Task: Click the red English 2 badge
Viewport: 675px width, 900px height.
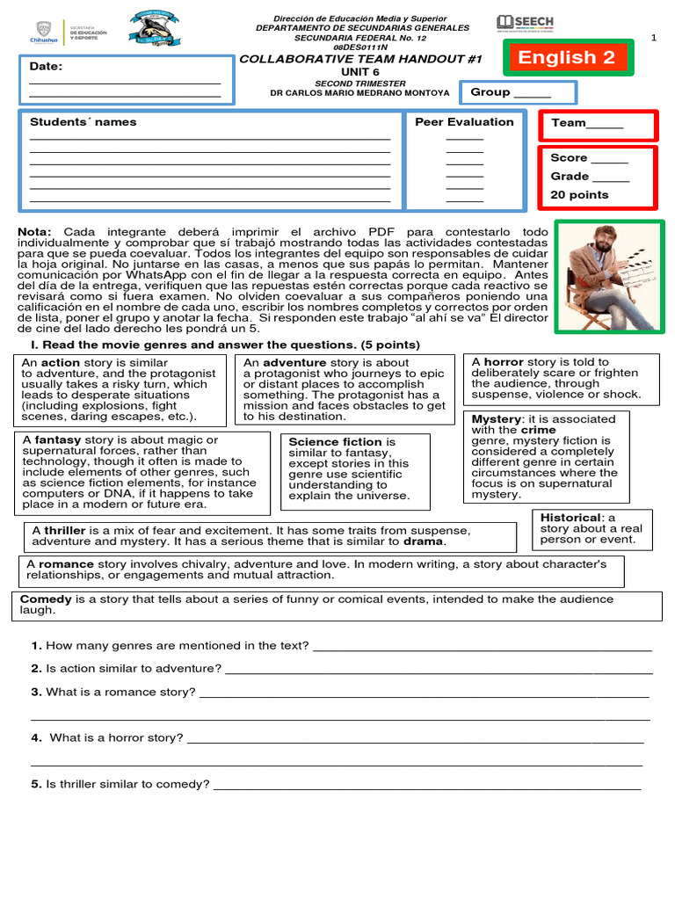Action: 566,58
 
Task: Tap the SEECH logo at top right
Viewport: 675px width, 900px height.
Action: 525,24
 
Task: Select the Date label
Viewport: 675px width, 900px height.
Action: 46,67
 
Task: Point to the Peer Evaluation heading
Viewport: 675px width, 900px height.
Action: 464,122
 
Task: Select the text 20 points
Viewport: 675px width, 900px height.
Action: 579,194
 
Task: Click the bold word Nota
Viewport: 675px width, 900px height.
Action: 34,232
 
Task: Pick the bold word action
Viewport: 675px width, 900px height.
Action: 60,362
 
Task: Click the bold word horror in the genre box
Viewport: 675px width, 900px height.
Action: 504,361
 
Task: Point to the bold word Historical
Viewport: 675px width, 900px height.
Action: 570,518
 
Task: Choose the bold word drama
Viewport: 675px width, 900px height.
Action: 423,541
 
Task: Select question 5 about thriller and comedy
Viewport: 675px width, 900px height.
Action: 121,783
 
